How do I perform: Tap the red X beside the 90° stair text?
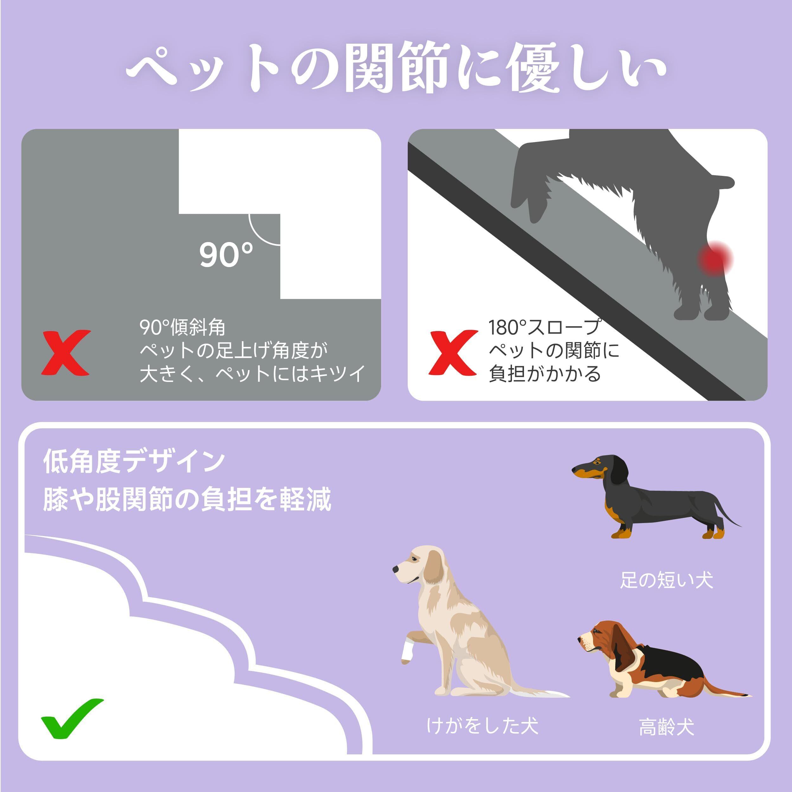pyautogui.click(x=66, y=352)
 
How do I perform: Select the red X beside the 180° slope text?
pyautogui.click(x=453, y=352)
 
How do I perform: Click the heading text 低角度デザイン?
pyautogui.click(x=134, y=461)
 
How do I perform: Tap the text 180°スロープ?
pyautogui.click(x=544, y=327)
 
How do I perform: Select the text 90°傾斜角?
pyautogui.click(x=182, y=327)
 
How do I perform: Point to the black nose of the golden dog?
pyautogui.click(x=396, y=569)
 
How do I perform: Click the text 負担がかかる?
pyautogui.click(x=544, y=374)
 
